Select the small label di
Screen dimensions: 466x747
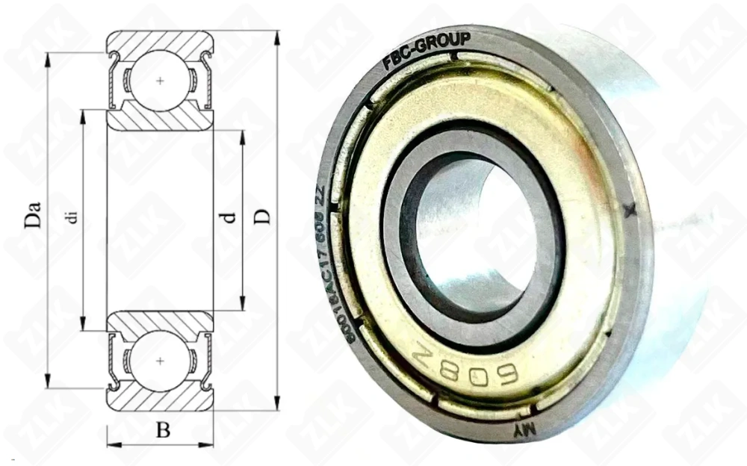(x=72, y=217)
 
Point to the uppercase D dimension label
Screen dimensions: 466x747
(x=262, y=217)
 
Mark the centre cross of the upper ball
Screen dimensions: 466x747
(x=161, y=80)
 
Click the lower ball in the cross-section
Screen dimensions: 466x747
(x=161, y=361)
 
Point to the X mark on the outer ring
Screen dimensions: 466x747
(x=630, y=211)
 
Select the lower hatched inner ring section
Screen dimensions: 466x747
(x=161, y=322)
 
